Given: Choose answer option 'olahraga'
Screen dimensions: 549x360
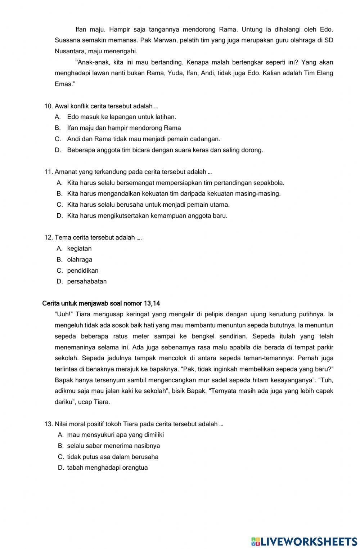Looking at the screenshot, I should point(80,259).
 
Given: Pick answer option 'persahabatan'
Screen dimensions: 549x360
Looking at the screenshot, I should point(87,281).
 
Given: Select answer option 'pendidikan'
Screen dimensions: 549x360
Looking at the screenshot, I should point(82,271).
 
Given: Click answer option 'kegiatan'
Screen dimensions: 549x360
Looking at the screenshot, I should point(79,249).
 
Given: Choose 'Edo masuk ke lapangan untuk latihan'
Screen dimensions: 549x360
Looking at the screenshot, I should point(121,117).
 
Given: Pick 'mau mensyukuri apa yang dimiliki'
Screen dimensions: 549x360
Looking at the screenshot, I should point(115,435).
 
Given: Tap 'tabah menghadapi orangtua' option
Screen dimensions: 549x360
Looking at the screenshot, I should point(107,468).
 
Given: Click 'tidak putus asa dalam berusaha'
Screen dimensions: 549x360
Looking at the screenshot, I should point(113,457).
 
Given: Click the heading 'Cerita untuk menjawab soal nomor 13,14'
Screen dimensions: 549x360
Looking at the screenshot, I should point(101,303).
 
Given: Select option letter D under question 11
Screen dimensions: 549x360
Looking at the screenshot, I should point(60,216).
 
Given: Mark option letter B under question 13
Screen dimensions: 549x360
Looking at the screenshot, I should point(60,446).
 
